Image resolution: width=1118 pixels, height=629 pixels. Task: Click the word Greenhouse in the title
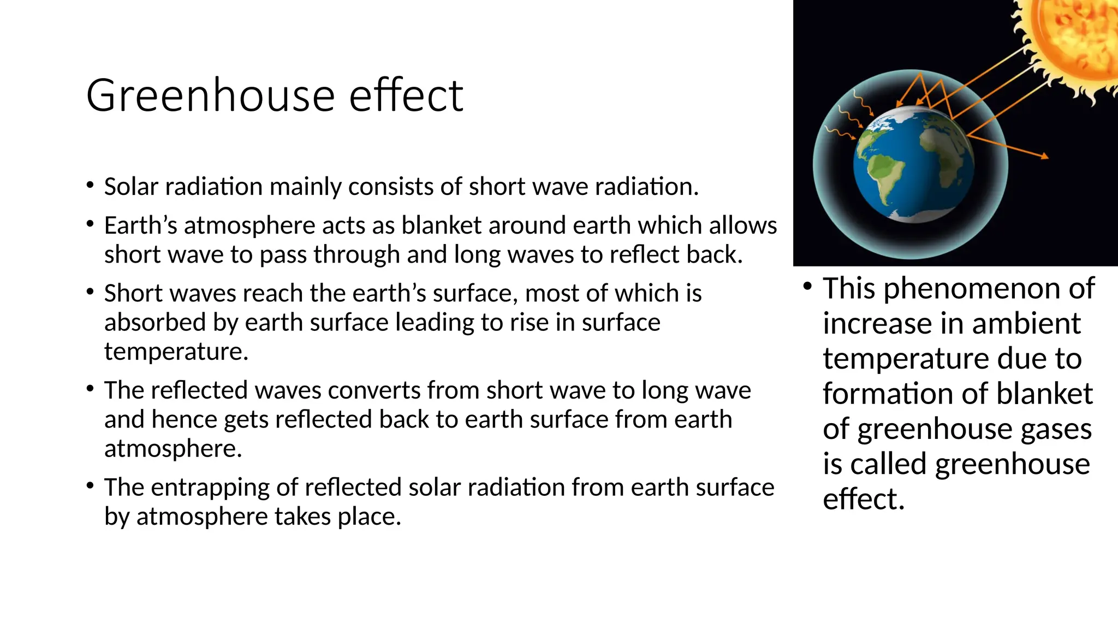[210, 96]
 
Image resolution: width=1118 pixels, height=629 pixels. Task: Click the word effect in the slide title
[406, 96]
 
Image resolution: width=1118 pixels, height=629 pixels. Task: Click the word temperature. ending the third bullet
[176, 352]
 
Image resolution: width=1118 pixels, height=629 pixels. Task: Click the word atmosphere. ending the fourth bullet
[173, 449]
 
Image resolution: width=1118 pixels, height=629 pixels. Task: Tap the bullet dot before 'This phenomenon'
[807, 286]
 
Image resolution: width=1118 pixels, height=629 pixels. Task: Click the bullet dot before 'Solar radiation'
[90, 185]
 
